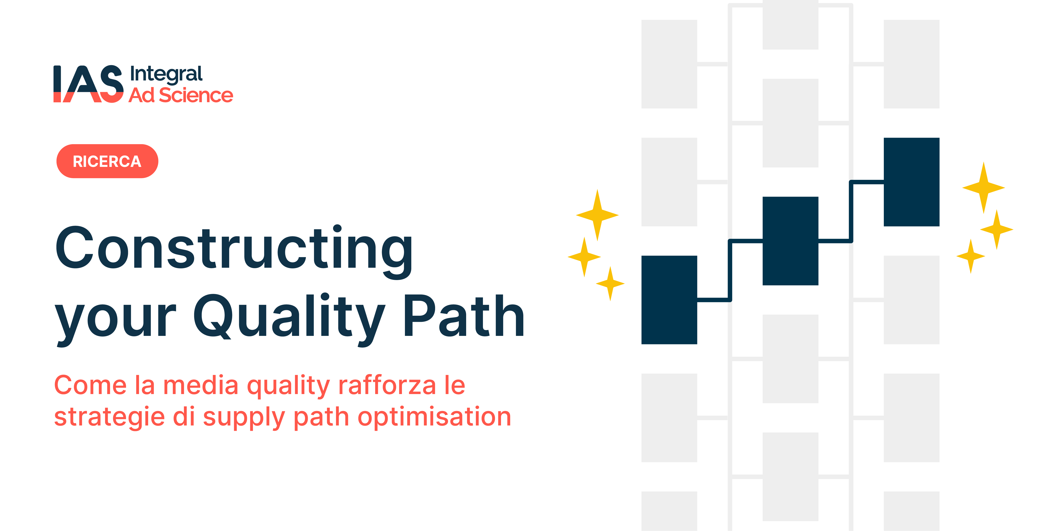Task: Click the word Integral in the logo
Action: point(166,75)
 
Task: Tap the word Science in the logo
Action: point(196,95)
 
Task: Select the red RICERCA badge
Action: point(107,161)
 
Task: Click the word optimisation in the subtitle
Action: point(434,417)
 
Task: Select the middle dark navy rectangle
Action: point(790,241)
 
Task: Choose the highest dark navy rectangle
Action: point(912,182)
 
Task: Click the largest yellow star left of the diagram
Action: point(597,215)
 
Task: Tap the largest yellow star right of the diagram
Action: point(984,188)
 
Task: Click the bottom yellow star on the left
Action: point(610,283)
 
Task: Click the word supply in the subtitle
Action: point(244,417)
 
